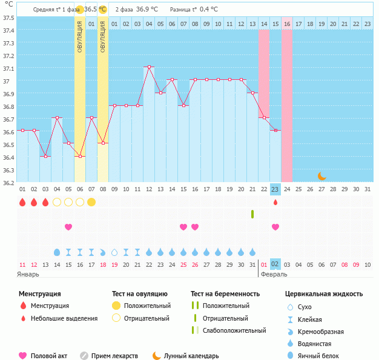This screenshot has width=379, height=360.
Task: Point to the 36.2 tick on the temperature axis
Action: point(8,182)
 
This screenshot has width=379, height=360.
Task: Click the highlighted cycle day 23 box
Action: point(275,189)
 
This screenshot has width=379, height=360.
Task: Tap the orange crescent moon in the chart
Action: point(322,176)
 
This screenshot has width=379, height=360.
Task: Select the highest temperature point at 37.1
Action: point(149,67)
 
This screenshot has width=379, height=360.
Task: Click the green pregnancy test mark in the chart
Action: point(252,214)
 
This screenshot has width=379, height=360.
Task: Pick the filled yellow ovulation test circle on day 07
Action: point(91,202)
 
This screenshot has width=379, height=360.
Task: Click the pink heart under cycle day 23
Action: point(275,227)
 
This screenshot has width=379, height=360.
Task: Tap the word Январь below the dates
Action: point(28,274)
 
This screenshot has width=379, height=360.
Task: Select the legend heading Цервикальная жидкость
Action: point(324,294)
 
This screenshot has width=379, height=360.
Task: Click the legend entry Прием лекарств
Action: point(114,356)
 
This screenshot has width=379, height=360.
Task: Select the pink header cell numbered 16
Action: point(287,24)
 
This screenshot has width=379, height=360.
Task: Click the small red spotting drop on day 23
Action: point(275,202)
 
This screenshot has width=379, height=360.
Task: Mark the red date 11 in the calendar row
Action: point(22,264)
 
